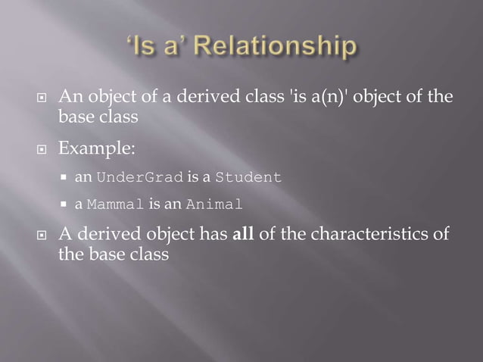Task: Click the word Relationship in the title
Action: coord(277,48)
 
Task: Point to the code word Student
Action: coord(248,178)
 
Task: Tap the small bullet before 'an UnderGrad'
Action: coord(67,179)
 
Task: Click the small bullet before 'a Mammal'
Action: coord(67,205)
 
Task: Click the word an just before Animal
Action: coord(176,204)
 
